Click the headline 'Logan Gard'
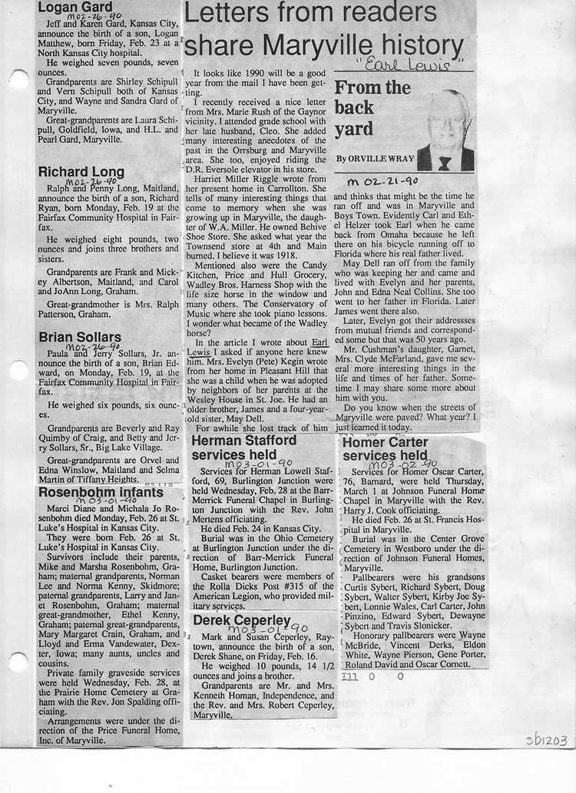[75, 8]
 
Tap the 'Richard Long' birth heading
[81, 171]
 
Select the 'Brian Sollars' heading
[80, 337]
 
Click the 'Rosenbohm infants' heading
[101, 491]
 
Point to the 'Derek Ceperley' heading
[242, 620]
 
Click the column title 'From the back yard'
[372, 107]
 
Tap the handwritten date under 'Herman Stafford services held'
[257, 464]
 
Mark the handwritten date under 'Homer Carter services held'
[402, 464]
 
